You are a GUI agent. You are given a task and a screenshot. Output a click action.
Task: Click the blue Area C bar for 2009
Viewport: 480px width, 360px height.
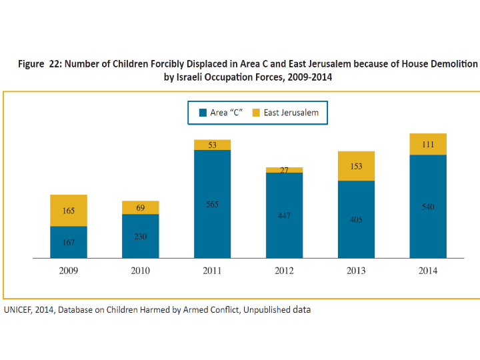point(69,242)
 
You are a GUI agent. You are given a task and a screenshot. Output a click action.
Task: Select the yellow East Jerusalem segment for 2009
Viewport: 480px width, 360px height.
point(69,211)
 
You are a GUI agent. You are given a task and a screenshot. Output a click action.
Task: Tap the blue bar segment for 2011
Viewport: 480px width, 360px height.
point(212,204)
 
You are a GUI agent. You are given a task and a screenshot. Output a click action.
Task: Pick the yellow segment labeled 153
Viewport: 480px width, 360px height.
point(356,166)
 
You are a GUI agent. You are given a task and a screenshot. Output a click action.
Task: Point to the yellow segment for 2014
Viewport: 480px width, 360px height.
point(428,144)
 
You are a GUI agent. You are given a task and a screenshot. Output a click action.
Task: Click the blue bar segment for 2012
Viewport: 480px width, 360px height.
point(284,215)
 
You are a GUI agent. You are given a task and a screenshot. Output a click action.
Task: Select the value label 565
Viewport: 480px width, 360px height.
point(212,205)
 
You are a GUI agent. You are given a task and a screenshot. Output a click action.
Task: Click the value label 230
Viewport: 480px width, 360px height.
point(141,237)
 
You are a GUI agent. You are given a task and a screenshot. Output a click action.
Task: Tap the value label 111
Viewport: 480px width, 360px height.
point(428,145)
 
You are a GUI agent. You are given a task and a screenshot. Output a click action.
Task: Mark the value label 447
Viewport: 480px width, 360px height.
point(284,217)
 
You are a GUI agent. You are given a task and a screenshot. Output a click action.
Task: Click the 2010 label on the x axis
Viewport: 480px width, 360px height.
point(141,271)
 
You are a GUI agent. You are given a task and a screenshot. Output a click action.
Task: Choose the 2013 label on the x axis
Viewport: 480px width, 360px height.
point(356,271)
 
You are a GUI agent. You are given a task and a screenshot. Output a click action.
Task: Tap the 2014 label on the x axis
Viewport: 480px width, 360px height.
point(428,271)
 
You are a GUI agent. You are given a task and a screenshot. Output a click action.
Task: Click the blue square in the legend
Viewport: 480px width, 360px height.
point(203,113)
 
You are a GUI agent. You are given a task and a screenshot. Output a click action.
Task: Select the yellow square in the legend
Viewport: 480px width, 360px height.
point(255,113)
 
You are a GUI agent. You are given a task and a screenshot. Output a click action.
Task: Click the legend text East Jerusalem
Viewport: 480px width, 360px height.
point(291,113)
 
